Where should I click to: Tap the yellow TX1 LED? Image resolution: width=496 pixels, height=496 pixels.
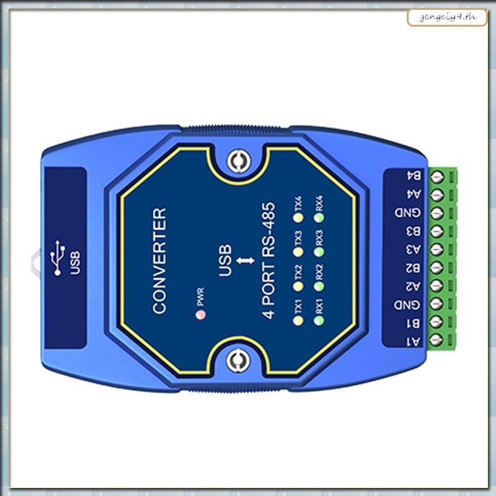[298, 321]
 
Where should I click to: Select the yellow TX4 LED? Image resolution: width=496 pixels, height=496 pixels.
[298, 218]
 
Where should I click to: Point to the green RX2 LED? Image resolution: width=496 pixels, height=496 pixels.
[319, 286]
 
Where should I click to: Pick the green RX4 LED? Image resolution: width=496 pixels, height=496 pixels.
[319, 218]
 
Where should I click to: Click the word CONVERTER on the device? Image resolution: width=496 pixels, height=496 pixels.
[160, 260]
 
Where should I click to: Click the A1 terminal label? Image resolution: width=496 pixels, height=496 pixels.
[410, 340]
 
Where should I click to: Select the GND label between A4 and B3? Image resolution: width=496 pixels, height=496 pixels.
[410, 213]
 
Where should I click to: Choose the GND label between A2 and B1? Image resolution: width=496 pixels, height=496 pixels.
[410, 304]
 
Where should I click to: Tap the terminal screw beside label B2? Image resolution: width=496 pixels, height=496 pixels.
[435, 268]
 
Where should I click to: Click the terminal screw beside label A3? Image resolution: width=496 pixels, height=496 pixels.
[435, 250]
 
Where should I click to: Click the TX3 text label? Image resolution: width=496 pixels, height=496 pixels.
[298, 237]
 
